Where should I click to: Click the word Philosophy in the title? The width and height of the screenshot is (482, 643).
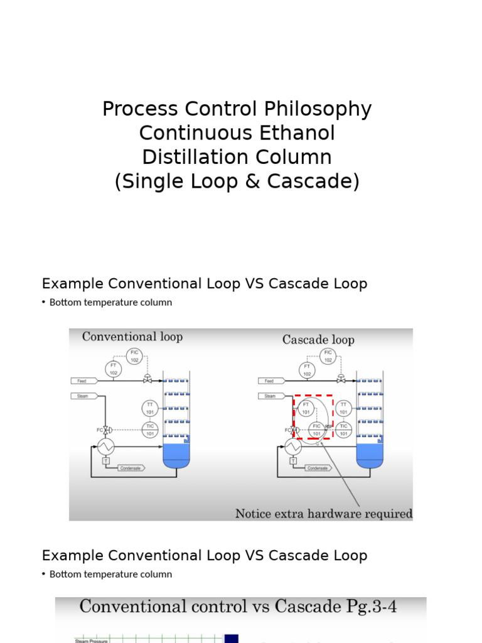click(318, 109)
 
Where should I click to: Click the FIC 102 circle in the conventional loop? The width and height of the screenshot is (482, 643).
click(135, 356)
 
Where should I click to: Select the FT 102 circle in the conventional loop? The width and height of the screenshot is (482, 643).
click(114, 369)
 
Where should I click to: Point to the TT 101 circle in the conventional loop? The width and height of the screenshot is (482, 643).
click(150, 408)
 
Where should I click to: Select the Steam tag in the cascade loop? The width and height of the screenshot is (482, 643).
click(270, 396)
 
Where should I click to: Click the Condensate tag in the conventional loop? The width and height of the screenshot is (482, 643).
click(128, 468)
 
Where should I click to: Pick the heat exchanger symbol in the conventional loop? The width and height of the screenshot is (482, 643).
click(105, 446)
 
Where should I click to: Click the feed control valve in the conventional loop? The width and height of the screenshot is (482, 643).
click(147, 379)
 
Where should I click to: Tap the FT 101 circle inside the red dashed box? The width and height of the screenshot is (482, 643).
click(306, 408)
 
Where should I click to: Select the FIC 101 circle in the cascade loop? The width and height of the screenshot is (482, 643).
click(317, 430)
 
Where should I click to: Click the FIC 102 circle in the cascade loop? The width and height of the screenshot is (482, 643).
click(328, 356)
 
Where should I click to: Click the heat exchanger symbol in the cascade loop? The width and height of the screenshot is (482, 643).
click(293, 446)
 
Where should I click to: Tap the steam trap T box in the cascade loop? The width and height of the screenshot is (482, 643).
click(293, 462)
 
